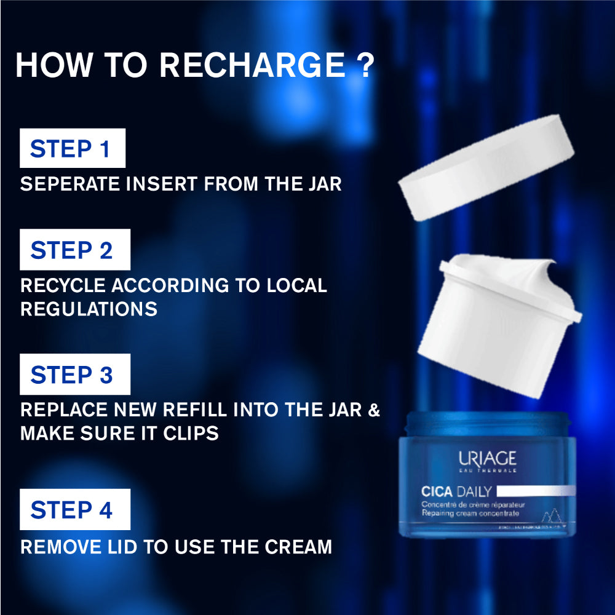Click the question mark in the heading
tap(365, 65)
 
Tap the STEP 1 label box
tap(73, 148)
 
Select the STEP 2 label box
tap(75, 250)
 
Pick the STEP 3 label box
tap(75, 375)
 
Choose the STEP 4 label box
tap(75, 509)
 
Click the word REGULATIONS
tap(89, 309)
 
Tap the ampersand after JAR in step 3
tap(373, 410)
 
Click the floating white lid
tap(486, 167)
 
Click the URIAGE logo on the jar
tap(487, 459)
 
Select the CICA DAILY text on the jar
tap(456, 491)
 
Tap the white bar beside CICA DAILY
tap(535, 491)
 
